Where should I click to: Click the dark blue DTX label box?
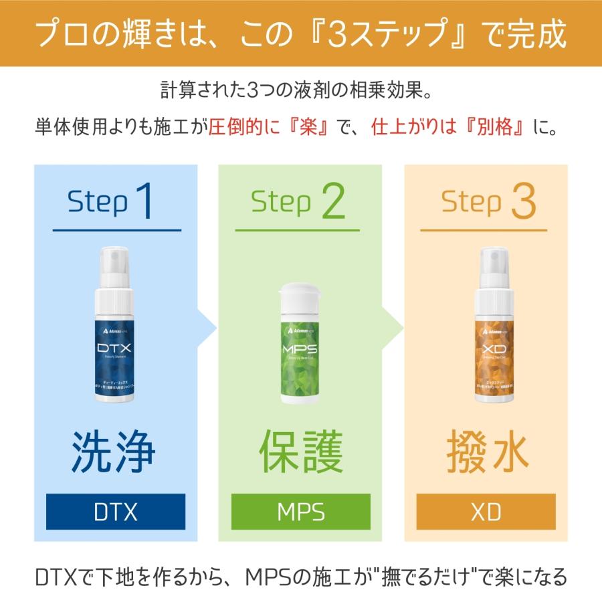point(116,512)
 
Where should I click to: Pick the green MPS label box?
point(301,512)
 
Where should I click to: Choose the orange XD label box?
point(486,512)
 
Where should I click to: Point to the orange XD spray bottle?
point(486,334)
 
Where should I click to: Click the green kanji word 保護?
point(301,452)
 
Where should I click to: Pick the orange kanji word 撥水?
point(487,452)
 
